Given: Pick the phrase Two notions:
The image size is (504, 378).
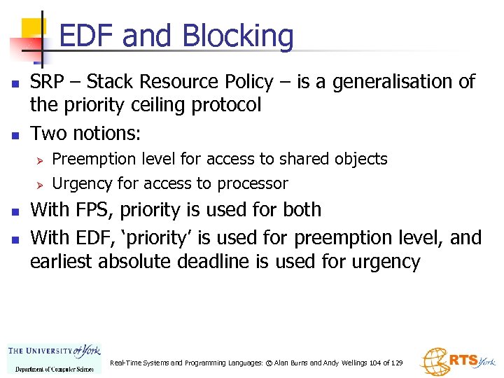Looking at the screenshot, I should tap(85, 132).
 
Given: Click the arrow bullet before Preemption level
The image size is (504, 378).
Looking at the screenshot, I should tap(41, 160).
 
